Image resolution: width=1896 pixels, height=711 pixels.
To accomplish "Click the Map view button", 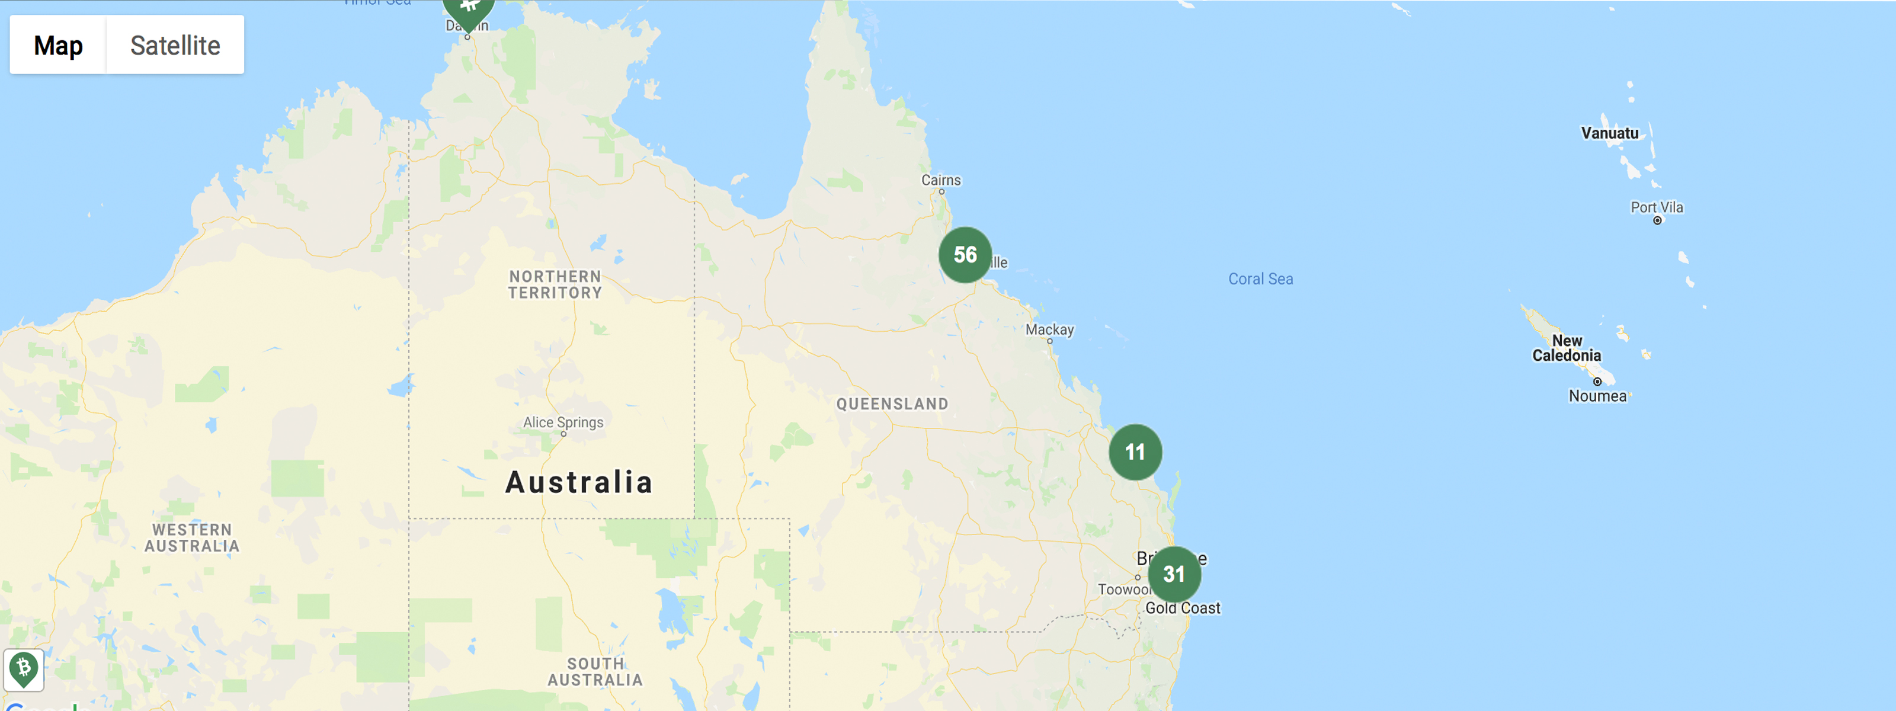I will [x=58, y=45].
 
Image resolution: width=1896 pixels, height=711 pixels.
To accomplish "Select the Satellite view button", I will [x=175, y=45].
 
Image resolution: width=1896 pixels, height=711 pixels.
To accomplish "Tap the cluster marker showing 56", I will [x=965, y=255].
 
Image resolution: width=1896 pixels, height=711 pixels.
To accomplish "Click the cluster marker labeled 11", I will [x=1135, y=452].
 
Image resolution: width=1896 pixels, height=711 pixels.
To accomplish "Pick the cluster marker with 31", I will [x=1174, y=574].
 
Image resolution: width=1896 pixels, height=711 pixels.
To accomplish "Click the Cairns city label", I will [x=941, y=180].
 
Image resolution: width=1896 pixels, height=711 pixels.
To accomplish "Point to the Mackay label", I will [x=1049, y=330].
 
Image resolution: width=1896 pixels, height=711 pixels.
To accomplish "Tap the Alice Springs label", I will [x=563, y=422].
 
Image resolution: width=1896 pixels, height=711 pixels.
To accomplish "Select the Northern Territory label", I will [x=556, y=285].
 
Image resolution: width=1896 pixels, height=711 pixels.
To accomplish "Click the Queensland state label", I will [x=892, y=404].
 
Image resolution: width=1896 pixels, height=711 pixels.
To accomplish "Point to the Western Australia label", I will [x=192, y=538].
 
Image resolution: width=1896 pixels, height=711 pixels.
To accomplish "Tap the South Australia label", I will [x=595, y=672].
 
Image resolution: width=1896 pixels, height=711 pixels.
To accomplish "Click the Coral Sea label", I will [x=1260, y=279].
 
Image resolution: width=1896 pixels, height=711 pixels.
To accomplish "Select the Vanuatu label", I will [x=1610, y=133].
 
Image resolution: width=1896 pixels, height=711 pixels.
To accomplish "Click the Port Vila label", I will [x=1657, y=207].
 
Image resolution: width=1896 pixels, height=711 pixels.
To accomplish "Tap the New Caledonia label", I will [x=1566, y=348].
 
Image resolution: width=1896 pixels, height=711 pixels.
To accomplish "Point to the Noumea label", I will [x=1597, y=396].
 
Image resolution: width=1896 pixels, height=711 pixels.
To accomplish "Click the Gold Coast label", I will [x=1183, y=608].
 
